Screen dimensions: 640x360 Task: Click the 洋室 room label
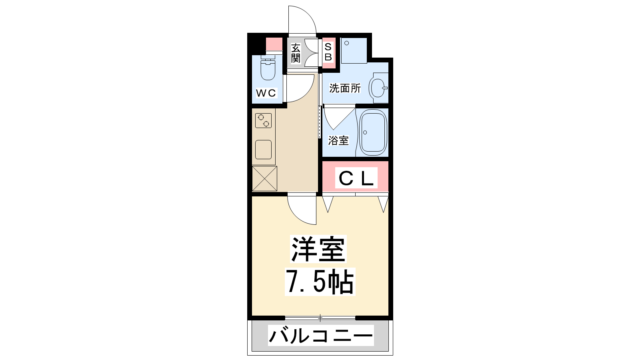[x=318, y=249]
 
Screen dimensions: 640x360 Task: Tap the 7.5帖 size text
[x=320, y=282]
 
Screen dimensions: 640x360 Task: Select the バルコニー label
[x=321, y=336]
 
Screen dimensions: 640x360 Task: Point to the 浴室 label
[x=338, y=140]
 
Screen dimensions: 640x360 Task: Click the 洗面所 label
[x=345, y=88]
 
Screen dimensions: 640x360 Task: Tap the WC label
[x=266, y=92]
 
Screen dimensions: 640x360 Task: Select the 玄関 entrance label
[x=296, y=53]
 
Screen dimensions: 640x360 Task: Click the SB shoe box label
[x=328, y=52]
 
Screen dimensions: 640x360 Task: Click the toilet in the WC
[x=268, y=68]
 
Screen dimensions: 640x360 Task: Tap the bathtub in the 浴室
[x=373, y=132]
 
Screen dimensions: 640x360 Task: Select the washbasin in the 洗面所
[x=378, y=88]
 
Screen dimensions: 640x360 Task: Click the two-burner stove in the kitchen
[x=264, y=120]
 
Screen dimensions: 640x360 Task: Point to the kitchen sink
[x=264, y=150]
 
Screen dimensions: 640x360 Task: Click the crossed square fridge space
[x=264, y=178]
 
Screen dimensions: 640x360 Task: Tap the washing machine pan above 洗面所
[x=354, y=50]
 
